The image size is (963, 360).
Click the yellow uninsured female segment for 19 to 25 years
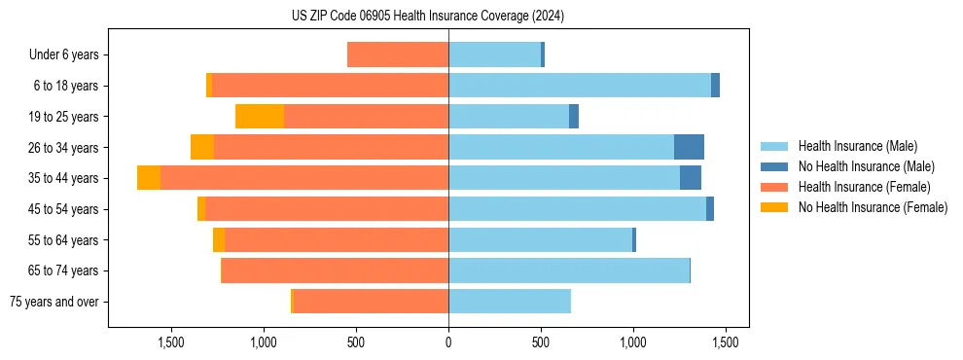(260, 117)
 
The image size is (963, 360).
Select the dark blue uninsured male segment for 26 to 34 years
(689, 148)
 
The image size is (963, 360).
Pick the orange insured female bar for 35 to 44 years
(304, 178)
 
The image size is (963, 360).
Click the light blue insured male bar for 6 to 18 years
(580, 86)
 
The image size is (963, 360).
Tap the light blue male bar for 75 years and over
(510, 302)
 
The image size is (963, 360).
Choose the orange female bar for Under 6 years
(398, 55)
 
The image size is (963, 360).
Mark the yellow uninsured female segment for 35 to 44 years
(149, 178)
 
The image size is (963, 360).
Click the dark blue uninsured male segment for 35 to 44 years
(691, 178)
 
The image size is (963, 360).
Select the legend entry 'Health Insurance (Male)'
(857, 146)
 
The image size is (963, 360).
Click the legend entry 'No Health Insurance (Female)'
(873, 207)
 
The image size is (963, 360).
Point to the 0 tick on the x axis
(448, 342)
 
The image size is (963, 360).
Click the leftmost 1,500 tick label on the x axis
(171, 342)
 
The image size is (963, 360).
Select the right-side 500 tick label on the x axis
(541, 342)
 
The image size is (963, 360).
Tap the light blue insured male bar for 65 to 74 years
(569, 270)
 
